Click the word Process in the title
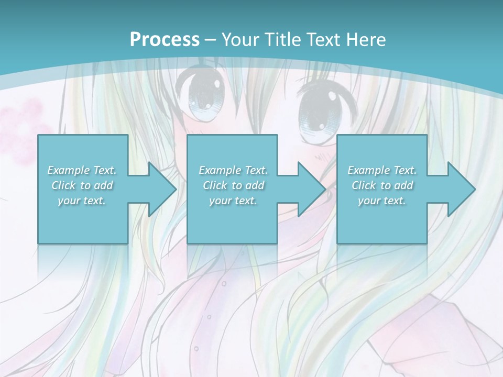coord(165,39)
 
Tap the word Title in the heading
coord(281,39)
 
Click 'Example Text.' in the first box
coord(82,170)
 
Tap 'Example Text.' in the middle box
coord(233,170)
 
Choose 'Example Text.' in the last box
coord(382,170)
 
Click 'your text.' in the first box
coord(82,201)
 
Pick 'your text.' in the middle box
coord(233,201)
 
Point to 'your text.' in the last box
coord(382,201)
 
